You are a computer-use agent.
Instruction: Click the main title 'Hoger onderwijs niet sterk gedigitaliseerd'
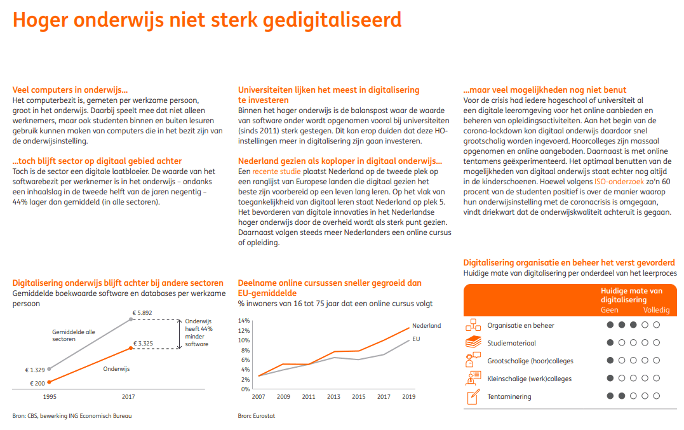coord(207,20)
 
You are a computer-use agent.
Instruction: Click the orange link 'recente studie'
coord(276,171)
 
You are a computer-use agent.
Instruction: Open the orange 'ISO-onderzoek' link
coord(619,182)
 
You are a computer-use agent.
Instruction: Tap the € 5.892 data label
coord(142,312)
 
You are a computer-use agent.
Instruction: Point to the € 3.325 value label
coord(143,343)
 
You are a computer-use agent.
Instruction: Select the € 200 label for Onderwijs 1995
coord(37,384)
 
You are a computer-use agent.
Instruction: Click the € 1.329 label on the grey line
coord(35,370)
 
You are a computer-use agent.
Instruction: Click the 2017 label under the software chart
coord(128,397)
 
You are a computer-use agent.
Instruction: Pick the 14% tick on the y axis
coord(244,321)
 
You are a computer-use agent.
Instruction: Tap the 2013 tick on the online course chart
coord(333,397)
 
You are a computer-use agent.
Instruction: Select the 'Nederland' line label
coord(427,326)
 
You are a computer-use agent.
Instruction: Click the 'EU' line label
coord(416,339)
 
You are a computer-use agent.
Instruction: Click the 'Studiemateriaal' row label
coord(512,343)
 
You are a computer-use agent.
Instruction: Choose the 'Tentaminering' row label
coord(509,396)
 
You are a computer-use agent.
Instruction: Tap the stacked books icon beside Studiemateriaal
coord(473,342)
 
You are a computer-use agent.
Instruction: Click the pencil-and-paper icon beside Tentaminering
coord(473,396)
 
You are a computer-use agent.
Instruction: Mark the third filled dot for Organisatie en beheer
coord(633,325)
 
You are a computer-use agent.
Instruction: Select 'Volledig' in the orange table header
coord(656,309)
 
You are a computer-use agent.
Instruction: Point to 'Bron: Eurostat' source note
coord(257,416)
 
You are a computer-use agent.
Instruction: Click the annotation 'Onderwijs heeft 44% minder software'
coord(199,333)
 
